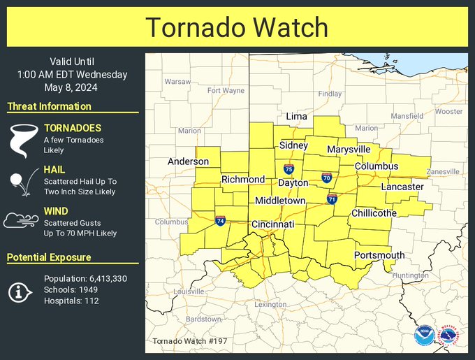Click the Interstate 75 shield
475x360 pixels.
(288, 170)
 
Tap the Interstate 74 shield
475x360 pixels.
(220, 221)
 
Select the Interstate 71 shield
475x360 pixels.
(332, 200)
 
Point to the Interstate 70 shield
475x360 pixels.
(326, 178)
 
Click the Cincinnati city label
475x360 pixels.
(273, 224)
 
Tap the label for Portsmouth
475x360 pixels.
(379, 255)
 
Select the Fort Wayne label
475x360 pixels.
(226, 90)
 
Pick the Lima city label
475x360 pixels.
(296, 117)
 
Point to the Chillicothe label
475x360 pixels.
(374, 213)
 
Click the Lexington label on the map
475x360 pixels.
(270, 305)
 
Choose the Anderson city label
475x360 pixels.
(188, 161)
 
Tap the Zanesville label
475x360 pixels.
(443, 171)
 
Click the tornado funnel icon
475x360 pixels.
(20, 139)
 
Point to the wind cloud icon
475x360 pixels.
(20, 221)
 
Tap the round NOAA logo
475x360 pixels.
(423, 336)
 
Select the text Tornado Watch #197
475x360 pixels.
(189, 341)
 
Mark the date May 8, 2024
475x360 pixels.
(73, 87)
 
